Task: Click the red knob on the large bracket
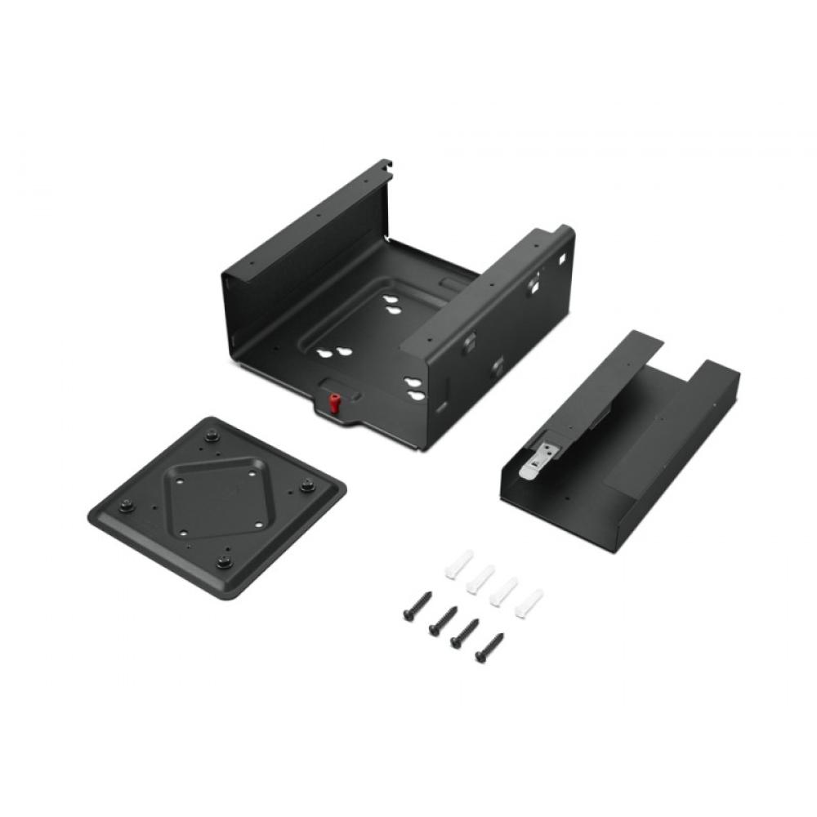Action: [333, 403]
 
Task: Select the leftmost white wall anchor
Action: [459, 564]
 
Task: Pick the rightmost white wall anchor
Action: [529, 602]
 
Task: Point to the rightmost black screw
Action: [489, 647]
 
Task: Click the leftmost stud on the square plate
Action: [126, 505]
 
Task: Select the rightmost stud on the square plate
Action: [307, 484]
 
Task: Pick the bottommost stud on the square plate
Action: [224, 561]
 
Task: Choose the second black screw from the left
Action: [441, 620]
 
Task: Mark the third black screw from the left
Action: [465, 633]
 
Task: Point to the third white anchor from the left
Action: [504, 590]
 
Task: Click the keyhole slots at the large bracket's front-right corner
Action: [415, 389]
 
